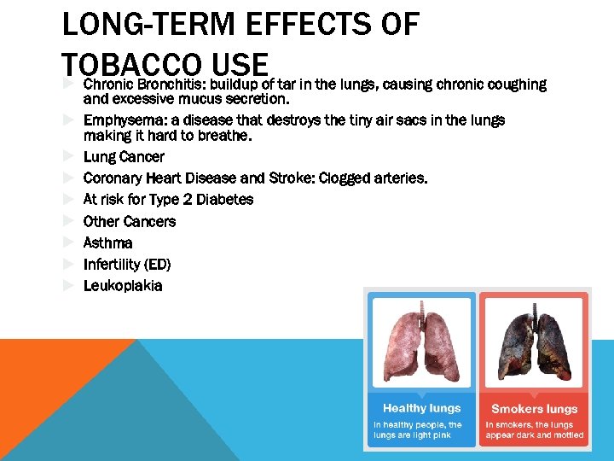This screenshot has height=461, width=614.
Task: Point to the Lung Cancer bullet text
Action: pos(124,157)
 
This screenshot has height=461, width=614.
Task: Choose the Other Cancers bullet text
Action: pos(130,221)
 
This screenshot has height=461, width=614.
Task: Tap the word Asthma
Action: pos(107,242)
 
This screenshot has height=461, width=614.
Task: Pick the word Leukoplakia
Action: pos(122,285)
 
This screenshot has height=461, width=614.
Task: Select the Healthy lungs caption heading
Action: pos(421,408)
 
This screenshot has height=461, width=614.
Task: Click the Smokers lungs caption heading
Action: pos(534,409)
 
